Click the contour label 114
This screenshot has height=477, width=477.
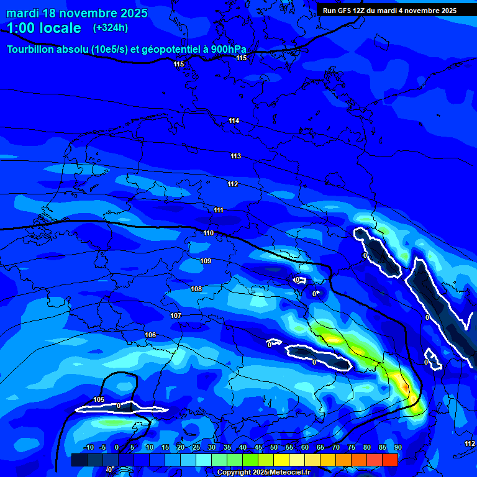[234, 120]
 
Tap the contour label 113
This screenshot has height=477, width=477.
[235, 156]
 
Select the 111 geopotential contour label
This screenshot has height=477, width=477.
[219, 211]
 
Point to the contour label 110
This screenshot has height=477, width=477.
[208, 234]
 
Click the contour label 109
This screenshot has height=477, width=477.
[206, 261]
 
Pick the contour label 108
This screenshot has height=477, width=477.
[196, 289]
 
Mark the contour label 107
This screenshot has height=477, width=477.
[176, 316]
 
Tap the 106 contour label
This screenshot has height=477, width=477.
[150, 335]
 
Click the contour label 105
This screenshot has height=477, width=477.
[99, 399]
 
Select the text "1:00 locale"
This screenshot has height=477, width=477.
[44, 28]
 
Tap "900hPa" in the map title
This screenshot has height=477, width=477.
[229, 50]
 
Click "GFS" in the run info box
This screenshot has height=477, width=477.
[347, 11]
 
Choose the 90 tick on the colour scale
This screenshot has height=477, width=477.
[397, 448]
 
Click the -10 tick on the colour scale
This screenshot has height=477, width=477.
[88, 448]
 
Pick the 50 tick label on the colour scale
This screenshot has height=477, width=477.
[274, 448]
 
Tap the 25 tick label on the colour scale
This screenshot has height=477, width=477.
[196, 448]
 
